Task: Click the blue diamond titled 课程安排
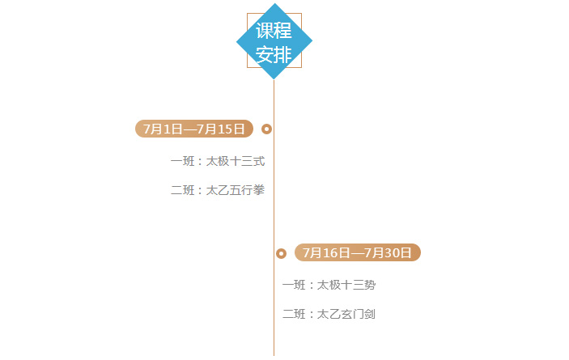[x=274, y=42]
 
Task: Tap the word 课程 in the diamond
[x=274, y=31]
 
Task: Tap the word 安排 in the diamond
[x=274, y=54]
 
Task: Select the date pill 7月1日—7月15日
[x=194, y=129]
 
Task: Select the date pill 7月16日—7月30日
[x=358, y=252]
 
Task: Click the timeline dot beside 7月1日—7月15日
[x=266, y=129]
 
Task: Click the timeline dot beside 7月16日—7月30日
[x=281, y=253]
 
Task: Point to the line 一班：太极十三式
[x=218, y=161]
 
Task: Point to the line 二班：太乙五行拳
[x=218, y=190]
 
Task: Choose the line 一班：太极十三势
[x=329, y=285]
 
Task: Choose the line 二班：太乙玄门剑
[x=329, y=314]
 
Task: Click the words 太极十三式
[x=236, y=161]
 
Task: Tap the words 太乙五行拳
[x=236, y=190]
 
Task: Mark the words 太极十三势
[x=346, y=285]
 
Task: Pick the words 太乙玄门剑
[x=346, y=314]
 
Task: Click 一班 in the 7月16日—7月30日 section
[x=294, y=285]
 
